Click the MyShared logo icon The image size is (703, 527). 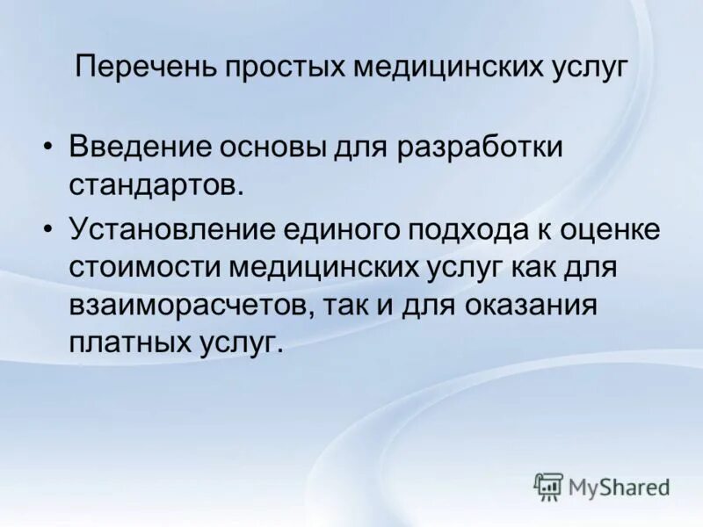pyautogui.click(x=548, y=485)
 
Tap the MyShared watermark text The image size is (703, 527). pyautogui.click(x=619, y=487)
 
